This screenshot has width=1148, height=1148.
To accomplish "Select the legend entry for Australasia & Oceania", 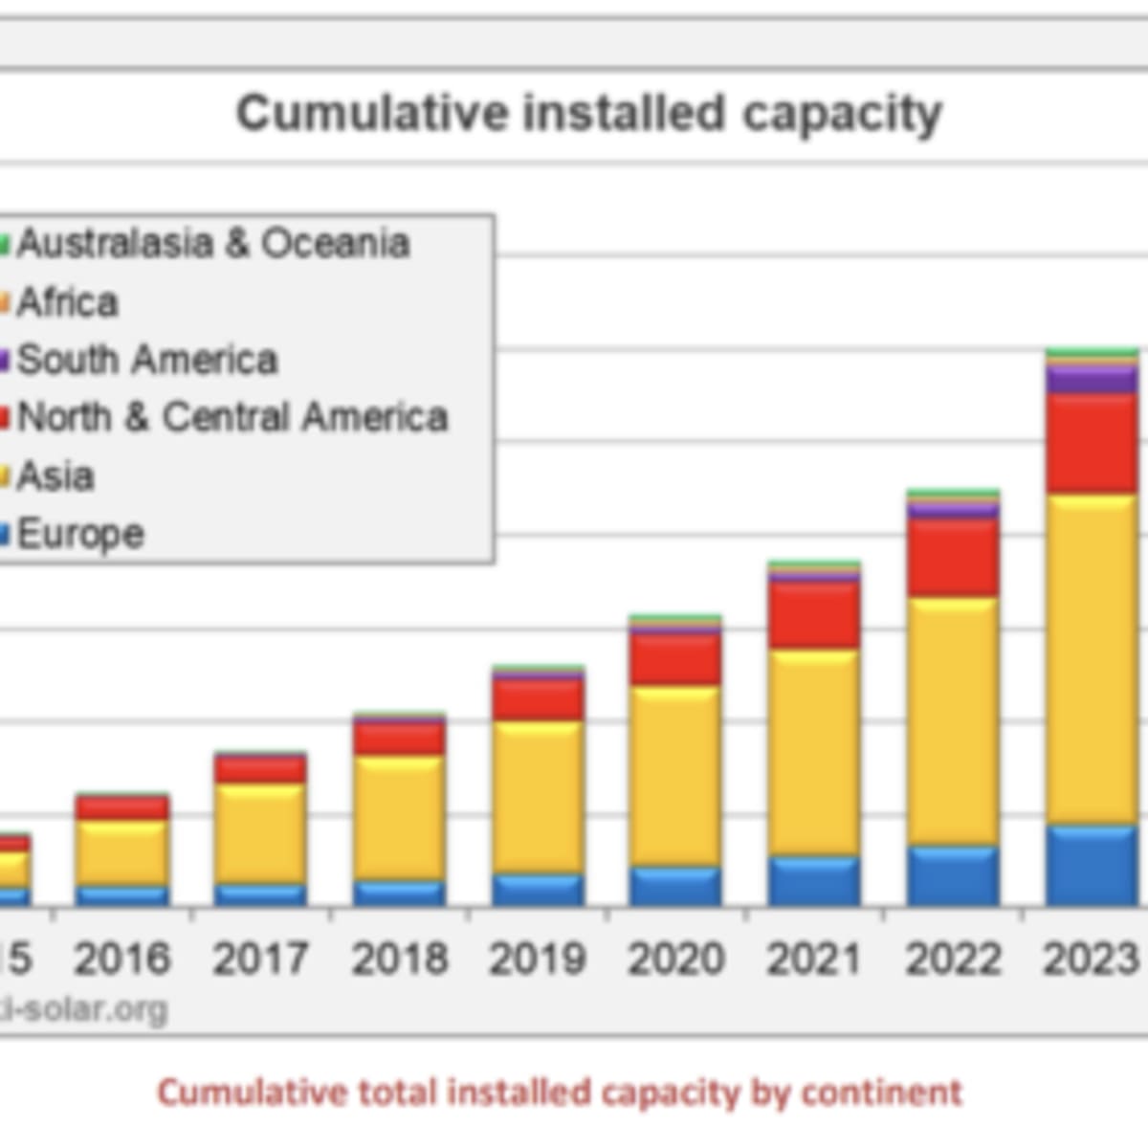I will (212, 244).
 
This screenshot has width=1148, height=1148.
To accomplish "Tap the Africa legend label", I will (67, 302).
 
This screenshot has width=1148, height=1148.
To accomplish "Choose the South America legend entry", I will (146, 361).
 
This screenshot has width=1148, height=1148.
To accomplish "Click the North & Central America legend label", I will (232, 418).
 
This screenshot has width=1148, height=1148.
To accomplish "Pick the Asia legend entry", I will (55, 475).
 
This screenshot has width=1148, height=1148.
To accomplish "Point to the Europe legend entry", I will (80, 534).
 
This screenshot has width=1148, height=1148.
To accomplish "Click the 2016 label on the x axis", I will (121, 959).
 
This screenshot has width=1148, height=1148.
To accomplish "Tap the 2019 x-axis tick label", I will (537, 959).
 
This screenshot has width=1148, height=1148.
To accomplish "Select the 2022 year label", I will (953, 959).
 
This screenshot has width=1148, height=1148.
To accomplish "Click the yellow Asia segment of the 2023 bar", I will (1091, 660).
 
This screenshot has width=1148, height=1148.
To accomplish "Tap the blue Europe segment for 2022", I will (953, 876).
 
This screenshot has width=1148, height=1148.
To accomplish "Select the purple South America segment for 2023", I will (1091, 381).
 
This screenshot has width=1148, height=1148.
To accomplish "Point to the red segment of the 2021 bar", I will (814, 616).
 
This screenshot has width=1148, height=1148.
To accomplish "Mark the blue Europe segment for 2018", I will (398, 894).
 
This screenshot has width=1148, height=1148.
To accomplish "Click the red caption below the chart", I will (560, 1093).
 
